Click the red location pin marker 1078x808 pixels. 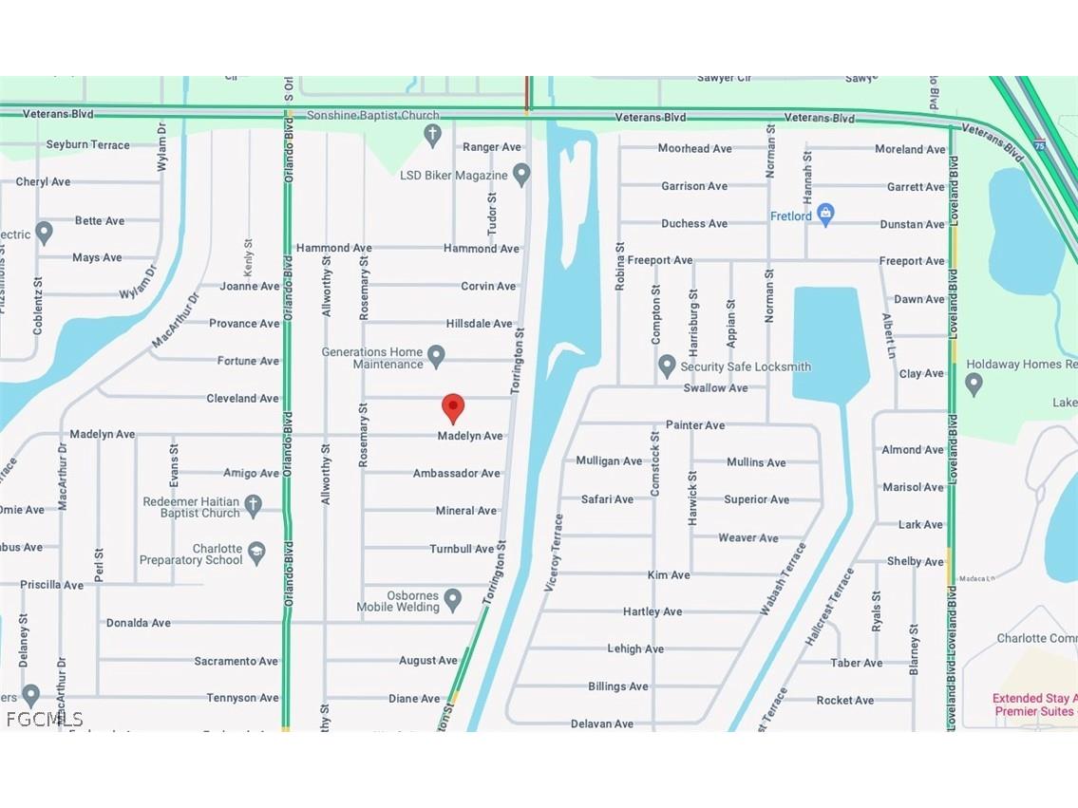coord(453,406)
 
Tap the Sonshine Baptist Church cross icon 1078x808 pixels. coord(433,136)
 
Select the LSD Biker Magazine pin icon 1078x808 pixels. coord(520,175)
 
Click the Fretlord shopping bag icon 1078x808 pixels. coord(825,215)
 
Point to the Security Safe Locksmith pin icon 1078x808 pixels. coord(667,366)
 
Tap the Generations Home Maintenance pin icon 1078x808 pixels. coord(436,357)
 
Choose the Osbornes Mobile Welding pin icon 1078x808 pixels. coord(453,600)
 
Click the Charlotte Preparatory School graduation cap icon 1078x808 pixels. coord(256,554)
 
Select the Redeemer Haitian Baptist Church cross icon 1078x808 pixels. coord(253,506)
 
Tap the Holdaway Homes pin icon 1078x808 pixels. coord(974,384)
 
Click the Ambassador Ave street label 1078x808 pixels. coord(456,473)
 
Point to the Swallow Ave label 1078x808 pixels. coord(715,387)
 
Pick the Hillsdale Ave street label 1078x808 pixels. coord(479,324)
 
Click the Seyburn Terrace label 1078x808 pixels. coord(88,144)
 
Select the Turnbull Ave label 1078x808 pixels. coord(462,549)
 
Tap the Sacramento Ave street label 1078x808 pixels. coord(236,661)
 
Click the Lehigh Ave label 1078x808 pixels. coord(635,648)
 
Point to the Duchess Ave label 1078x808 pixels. coord(694,223)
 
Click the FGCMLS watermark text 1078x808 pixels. coord(44,719)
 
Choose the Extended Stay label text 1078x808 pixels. coord(1033,698)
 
